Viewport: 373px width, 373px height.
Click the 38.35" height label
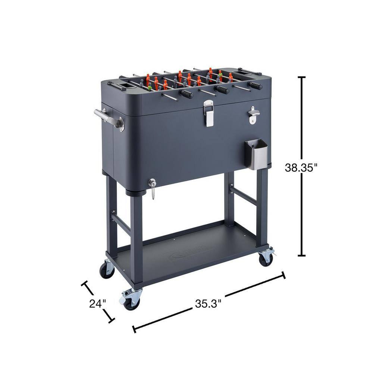tap(301, 167)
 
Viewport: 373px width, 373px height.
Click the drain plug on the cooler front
tap(152, 183)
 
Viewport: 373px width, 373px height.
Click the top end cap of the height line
tap(302, 77)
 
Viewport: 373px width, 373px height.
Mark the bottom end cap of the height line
tap(302, 256)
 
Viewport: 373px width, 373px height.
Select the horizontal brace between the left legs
tap(121, 223)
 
